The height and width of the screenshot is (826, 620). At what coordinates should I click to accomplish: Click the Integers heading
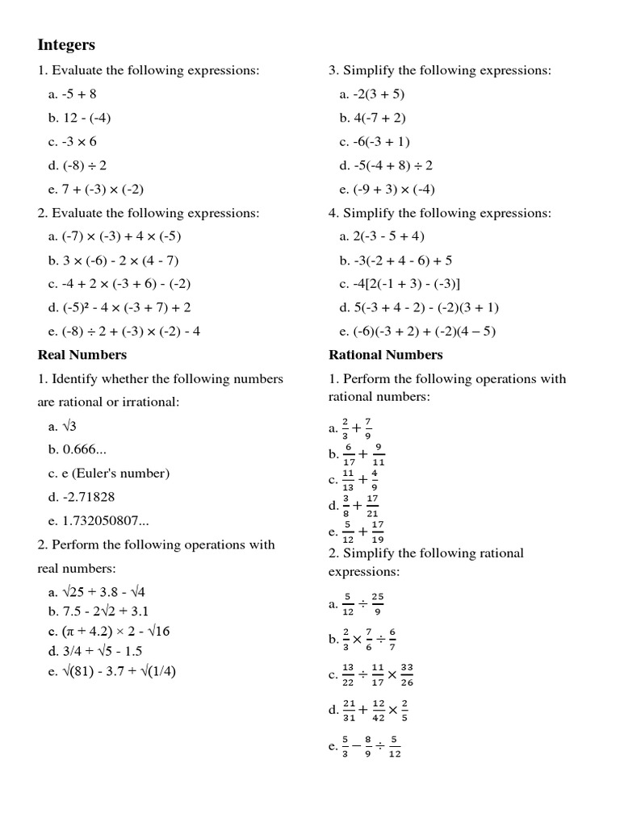66,44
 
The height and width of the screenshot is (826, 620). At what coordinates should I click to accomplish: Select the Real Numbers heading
82,355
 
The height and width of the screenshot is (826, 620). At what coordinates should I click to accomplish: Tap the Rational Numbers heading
385,355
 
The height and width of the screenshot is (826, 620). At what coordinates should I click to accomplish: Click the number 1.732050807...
99,521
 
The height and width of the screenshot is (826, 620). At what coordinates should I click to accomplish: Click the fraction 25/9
377,603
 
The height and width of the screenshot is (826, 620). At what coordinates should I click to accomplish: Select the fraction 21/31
349,710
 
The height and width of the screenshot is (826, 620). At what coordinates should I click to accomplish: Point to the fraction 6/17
349,454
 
